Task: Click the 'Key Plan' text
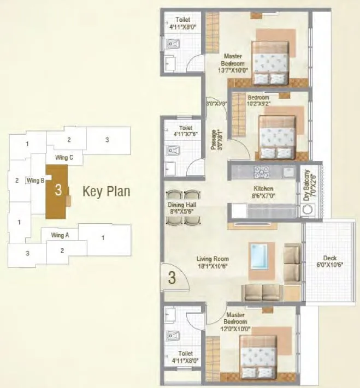106,192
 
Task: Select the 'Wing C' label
68,158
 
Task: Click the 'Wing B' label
36,180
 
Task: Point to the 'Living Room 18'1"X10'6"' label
214,262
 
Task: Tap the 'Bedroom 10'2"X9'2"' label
258,101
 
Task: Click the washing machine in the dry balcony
309,210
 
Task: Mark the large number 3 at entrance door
172,278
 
